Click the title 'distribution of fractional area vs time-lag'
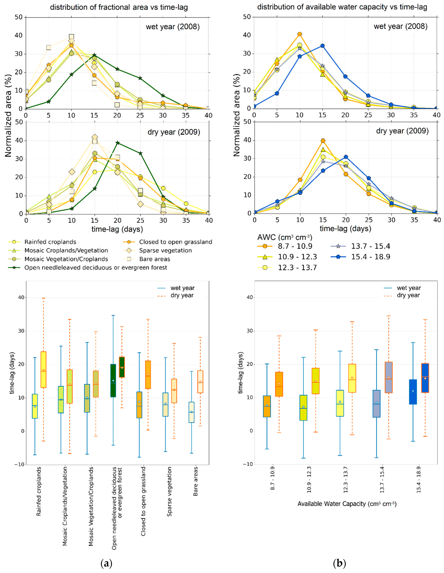tap(119, 7)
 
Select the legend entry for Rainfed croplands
tap(50, 242)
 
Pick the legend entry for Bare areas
tap(155, 259)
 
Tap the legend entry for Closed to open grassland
tap(176, 242)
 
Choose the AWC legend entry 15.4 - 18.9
tap(370, 257)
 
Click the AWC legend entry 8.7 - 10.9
tap(295, 246)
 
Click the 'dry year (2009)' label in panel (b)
tap(402, 131)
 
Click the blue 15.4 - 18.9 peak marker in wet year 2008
tap(322, 46)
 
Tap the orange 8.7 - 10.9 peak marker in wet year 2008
tap(300, 34)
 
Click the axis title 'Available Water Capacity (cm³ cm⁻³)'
tap(347, 504)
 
